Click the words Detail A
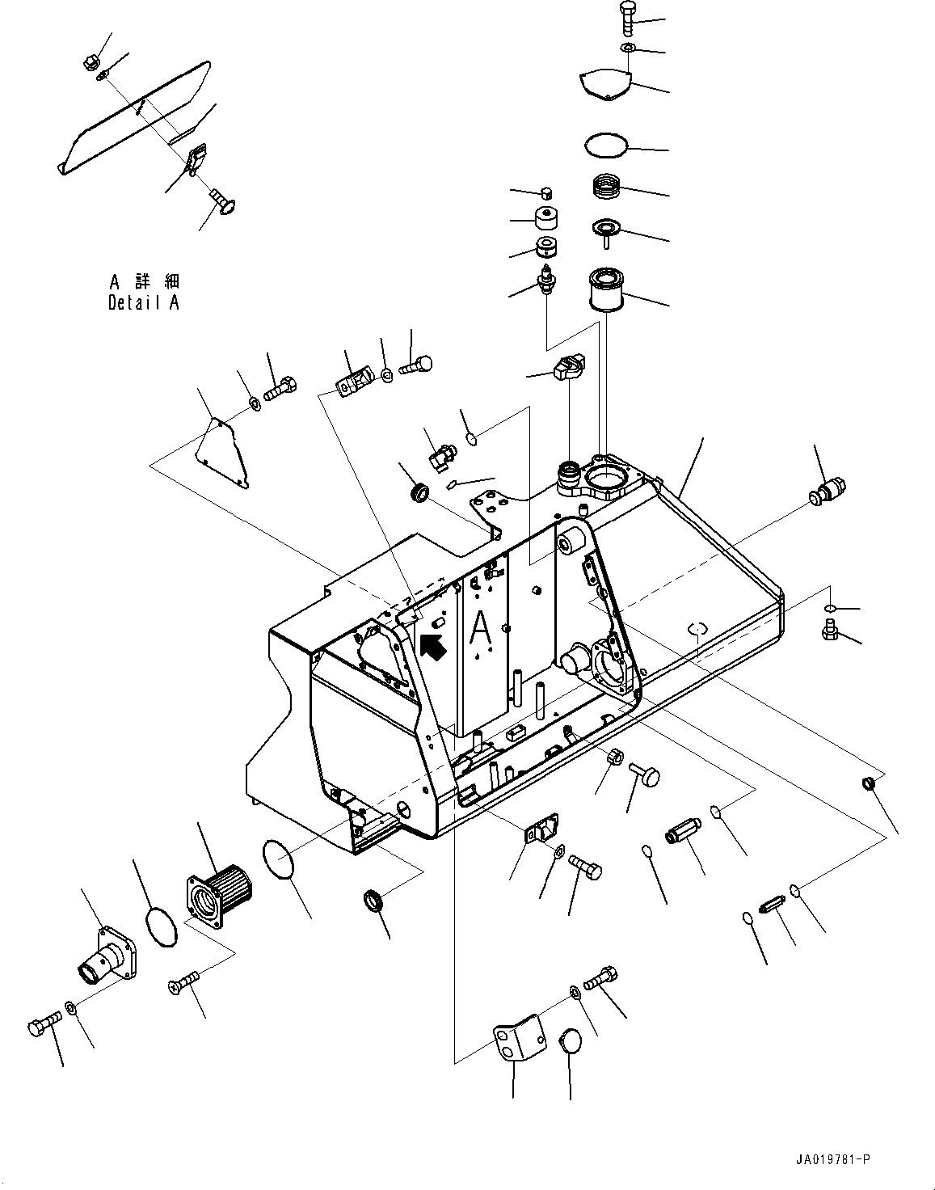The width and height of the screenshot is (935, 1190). pyautogui.click(x=144, y=303)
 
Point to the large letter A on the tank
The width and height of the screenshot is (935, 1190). pyautogui.click(x=480, y=631)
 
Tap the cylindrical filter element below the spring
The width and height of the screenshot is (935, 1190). pyautogui.click(x=606, y=289)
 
